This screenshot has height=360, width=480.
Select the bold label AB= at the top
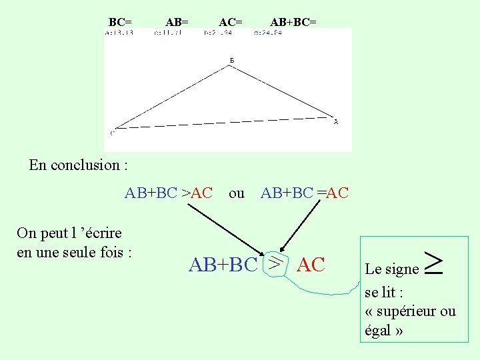coord(177,23)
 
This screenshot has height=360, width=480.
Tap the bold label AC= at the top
coord(231,23)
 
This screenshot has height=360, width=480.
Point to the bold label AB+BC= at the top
coord(293,23)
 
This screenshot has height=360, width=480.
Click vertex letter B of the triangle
coord(231,61)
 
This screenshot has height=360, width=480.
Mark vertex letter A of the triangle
coord(336,122)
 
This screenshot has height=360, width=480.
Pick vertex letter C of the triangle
coord(111,132)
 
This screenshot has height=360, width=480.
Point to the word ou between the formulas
coord(237,193)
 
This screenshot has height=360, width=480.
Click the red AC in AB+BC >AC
coord(201,193)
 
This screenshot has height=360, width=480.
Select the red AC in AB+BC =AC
coord(338,193)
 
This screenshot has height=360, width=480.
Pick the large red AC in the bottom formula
coord(311,265)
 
